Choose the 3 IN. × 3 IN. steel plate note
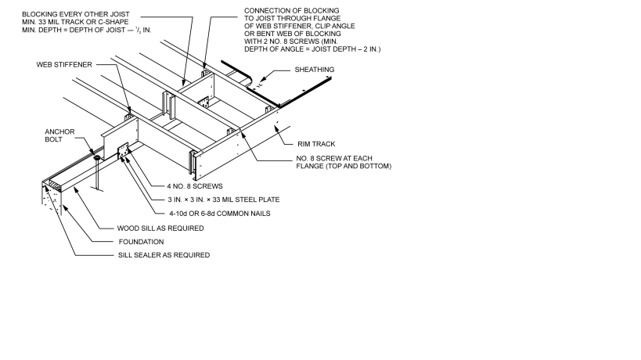pos(213,200)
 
